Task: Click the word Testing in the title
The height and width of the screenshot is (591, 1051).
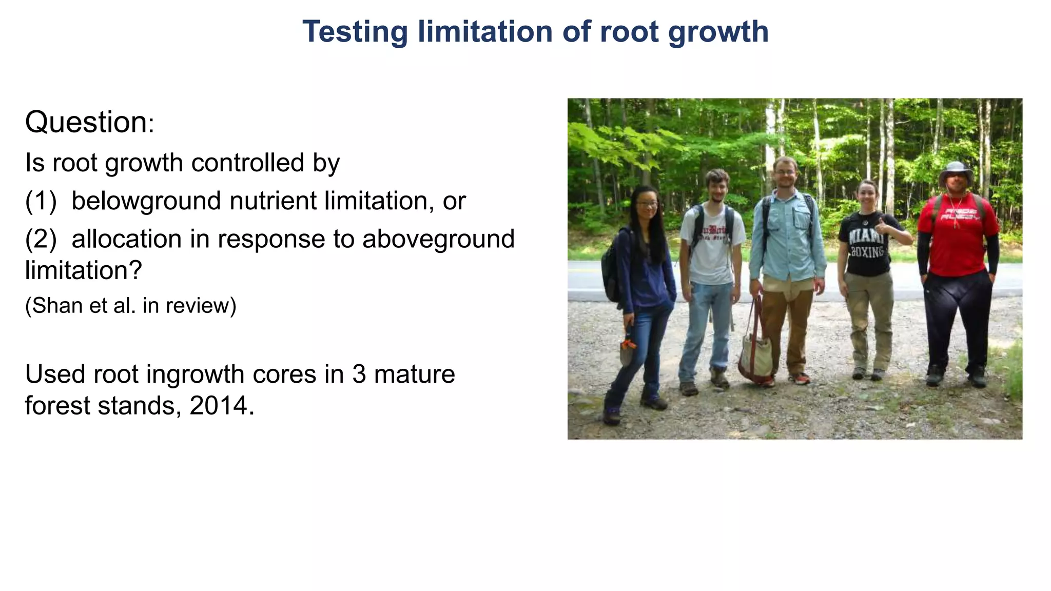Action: (355, 32)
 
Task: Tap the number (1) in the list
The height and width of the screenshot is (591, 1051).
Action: (41, 201)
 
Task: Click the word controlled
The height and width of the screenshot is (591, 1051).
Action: (247, 163)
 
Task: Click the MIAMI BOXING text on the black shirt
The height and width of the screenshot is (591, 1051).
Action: (867, 244)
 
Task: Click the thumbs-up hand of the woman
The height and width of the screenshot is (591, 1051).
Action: (882, 226)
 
